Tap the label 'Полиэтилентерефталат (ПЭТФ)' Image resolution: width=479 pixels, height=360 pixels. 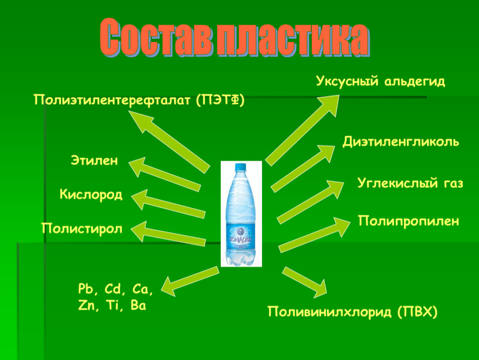point(139,100)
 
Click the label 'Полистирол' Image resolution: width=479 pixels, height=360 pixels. point(82,229)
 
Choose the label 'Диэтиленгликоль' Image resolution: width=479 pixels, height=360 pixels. point(401,141)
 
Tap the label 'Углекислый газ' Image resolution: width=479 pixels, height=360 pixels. point(410,183)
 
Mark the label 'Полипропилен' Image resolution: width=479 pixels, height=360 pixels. point(408,220)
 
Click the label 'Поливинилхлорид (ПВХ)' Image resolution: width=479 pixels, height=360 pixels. point(353,311)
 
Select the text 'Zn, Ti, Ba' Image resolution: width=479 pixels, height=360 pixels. point(112,306)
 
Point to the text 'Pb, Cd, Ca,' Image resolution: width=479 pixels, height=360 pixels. point(116,289)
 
